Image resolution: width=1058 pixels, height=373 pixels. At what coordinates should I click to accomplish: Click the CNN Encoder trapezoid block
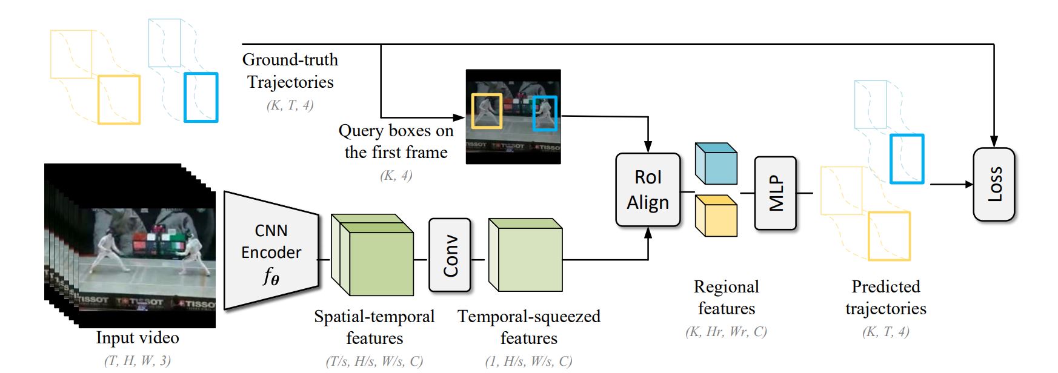(271, 251)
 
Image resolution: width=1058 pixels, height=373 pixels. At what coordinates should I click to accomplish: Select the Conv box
(450, 255)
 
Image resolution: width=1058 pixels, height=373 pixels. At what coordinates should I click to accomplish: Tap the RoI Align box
(648, 190)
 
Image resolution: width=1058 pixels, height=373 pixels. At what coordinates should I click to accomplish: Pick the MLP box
(775, 193)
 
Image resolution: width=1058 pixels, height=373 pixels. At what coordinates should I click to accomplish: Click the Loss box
(993, 184)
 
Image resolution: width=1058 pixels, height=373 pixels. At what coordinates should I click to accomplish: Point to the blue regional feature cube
(716, 164)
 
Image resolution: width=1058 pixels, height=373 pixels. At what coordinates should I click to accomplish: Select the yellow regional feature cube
(716, 216)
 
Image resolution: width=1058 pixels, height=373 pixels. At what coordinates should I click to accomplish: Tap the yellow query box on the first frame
(487, 111)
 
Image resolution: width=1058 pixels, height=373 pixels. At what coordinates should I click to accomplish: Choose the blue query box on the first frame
(545, 114)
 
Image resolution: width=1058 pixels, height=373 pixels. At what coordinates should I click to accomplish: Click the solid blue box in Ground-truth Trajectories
(201, 97)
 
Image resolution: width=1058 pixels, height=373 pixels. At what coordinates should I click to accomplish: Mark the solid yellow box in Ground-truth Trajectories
(119, 100)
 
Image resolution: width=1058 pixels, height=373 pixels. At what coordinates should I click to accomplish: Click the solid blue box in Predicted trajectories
(907, 159)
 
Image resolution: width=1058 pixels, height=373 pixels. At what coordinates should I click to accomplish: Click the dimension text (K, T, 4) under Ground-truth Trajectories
(290, 105)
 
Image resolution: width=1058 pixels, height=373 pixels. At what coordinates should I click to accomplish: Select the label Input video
(138, 338)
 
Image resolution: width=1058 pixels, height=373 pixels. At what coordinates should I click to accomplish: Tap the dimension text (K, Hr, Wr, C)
(726, 332)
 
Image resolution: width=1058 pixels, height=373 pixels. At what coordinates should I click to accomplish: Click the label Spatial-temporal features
(374, 327)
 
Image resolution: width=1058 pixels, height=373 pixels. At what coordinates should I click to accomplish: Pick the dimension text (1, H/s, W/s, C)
(528, 361)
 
